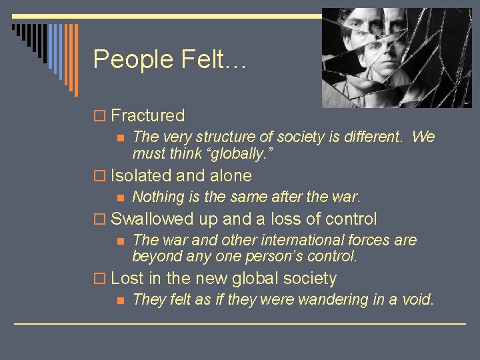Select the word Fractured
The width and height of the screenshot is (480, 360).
147,115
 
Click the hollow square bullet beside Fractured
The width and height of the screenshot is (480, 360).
100,116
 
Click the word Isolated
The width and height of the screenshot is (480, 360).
140,176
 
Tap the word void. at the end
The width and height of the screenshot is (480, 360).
417,299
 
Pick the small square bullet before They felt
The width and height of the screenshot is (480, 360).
120,300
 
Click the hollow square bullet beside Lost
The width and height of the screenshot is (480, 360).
100,279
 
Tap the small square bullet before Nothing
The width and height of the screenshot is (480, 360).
120,197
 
